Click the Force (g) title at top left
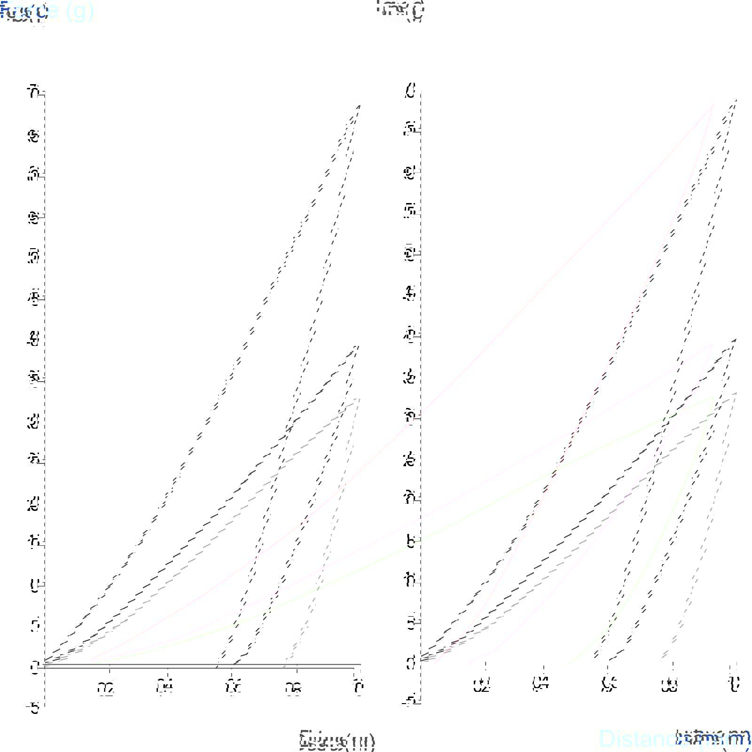point(47,11)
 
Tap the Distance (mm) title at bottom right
point(675,738)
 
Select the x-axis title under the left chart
point(337,741)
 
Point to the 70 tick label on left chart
point(33,93)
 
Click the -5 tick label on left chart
point(33,708)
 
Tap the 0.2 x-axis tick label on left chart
point(106,688)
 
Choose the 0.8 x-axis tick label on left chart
point(293,689)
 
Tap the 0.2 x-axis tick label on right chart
point(482,686)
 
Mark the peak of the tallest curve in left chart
point(360,106)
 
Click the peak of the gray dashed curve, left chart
point(360,398)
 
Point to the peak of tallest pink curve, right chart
point(713,103)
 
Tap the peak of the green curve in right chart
point(713,397)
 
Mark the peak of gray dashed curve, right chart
point(736,392)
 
